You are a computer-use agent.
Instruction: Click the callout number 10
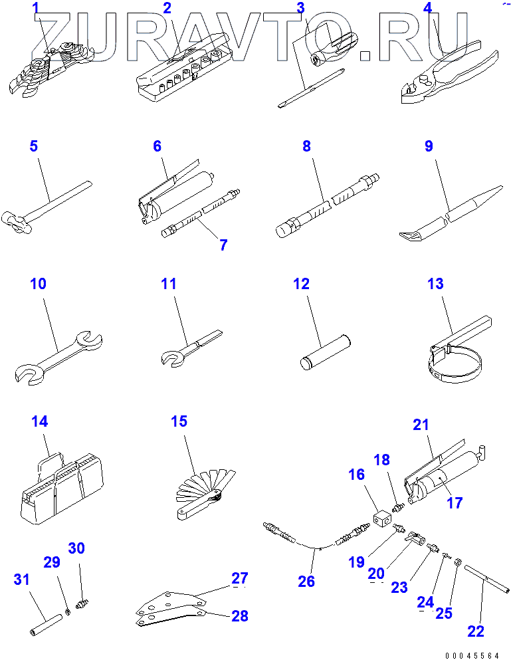(39, 284)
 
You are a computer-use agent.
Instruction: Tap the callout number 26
(306, 582)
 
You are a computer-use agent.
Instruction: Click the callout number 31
(22, 580)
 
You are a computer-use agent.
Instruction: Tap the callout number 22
(476, 631)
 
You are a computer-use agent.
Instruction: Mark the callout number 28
(239, 616)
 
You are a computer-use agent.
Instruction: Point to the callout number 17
(454, 503)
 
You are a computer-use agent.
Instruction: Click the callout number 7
(223, 245)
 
